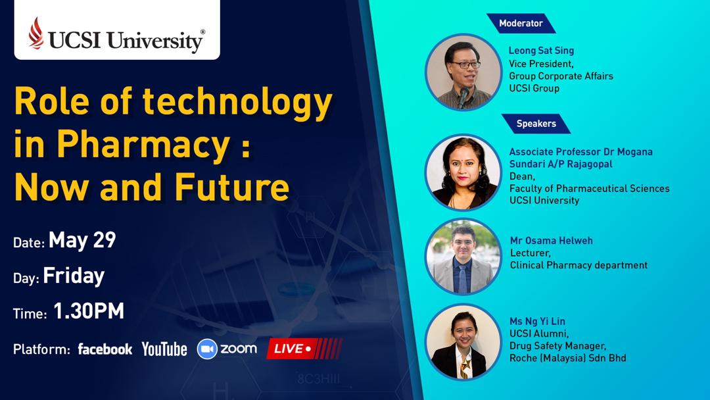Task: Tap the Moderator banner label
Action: (x=521, y=23)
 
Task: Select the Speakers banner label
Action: (x=536, y=124)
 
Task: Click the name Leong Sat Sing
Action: (x=541, y=51)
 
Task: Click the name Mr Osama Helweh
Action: (x=551, y=241)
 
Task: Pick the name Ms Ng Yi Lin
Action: (x=537, y=321)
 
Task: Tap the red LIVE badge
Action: (x=304, y=349)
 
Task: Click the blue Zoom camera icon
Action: (x=207, y=349)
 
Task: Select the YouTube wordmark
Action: (x=164, y=349)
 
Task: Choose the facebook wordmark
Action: (x=105, y=349)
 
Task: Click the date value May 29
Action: (x=82, y=239)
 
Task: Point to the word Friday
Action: (x=74, y=276)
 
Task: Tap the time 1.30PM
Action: (x=89, y=311)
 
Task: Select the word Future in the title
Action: (x=232, y=187)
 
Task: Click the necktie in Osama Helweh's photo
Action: (x=461, y=278)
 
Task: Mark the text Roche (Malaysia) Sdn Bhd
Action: (x=568, y=358)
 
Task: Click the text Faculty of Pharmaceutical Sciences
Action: (x=590, y=188)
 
